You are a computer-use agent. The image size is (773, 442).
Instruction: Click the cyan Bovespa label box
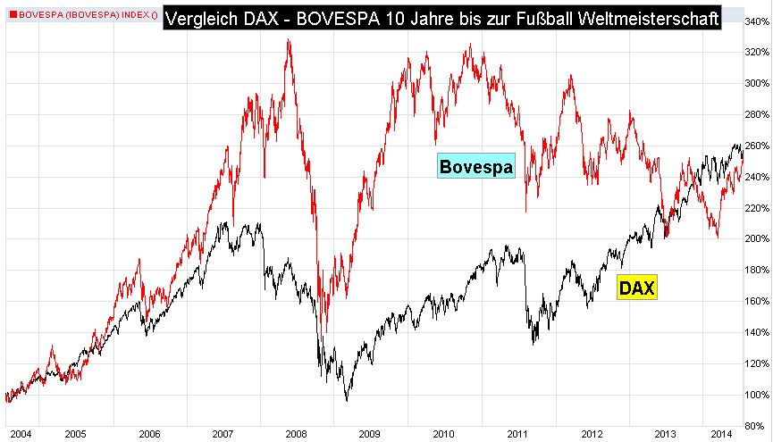[475, 166]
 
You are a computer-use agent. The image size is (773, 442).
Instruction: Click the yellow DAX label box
[637, 288]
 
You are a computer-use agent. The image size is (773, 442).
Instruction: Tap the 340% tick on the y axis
[757, 21]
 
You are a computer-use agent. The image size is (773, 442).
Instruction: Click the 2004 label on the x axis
[20, 433]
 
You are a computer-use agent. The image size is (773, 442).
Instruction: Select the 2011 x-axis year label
[517, 433]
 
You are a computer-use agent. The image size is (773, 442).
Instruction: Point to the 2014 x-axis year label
[722, 433]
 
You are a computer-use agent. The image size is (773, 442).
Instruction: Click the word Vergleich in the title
[202, 16]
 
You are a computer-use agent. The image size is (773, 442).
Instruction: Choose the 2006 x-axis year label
[149, 433]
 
